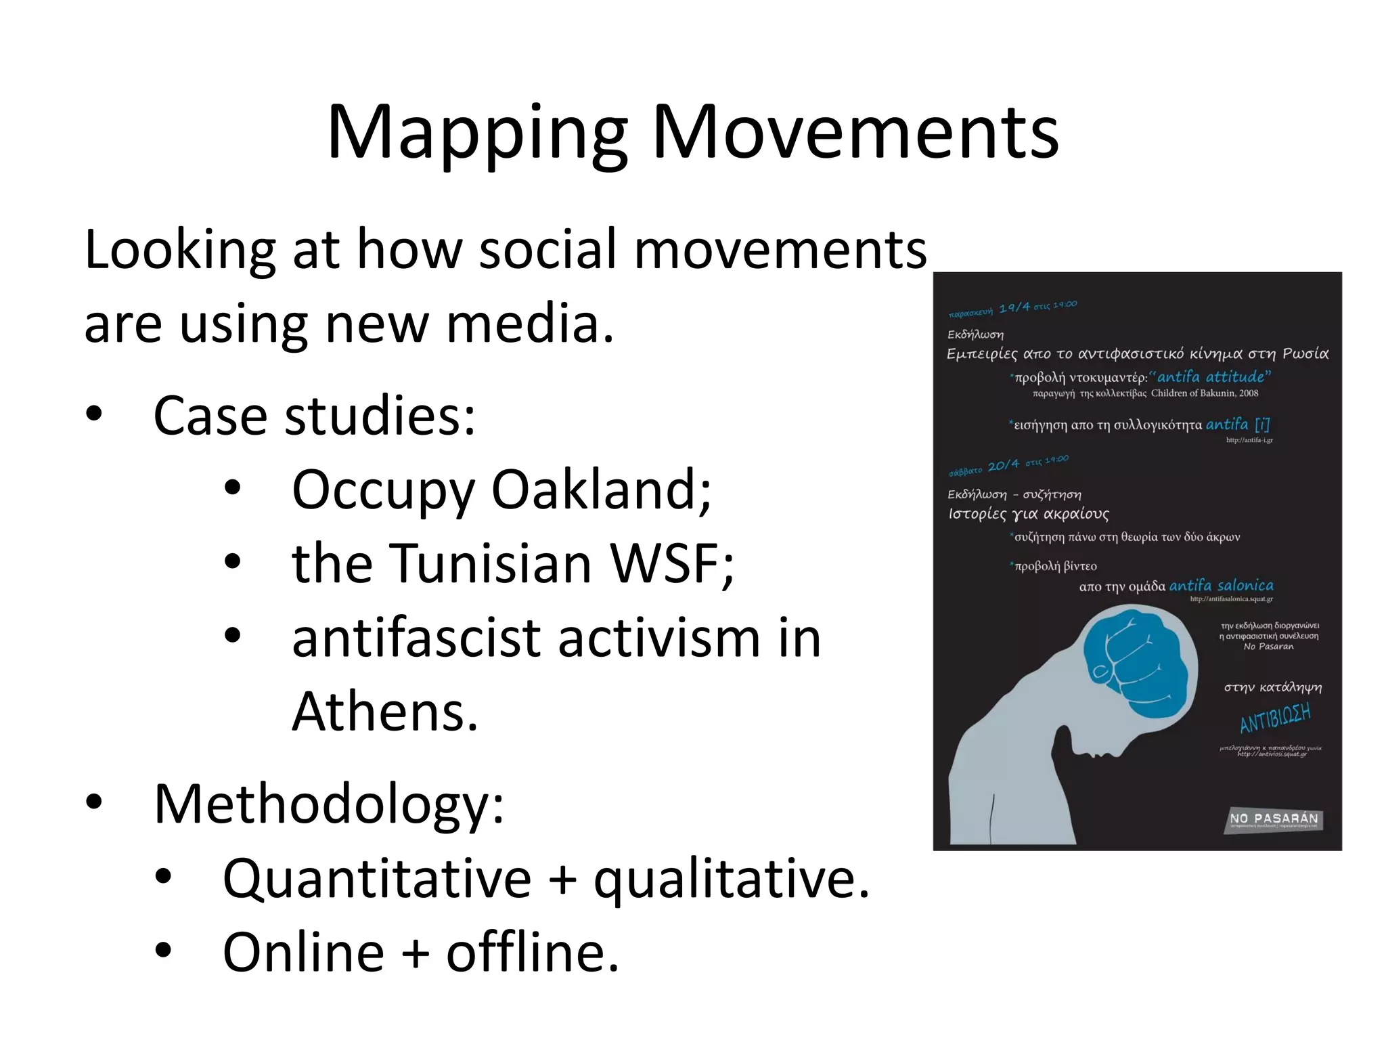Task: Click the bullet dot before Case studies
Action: pos(94,414)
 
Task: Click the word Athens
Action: pos(384,712)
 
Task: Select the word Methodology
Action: pos(329,804)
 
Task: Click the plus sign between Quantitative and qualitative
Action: pos(562,878)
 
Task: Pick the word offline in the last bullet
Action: pos(532,952)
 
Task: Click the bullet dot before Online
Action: pos(163,951)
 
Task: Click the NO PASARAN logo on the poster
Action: pos(1274,819)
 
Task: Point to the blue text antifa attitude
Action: pos(1214,376)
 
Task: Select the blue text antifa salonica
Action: pos(1221,585)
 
